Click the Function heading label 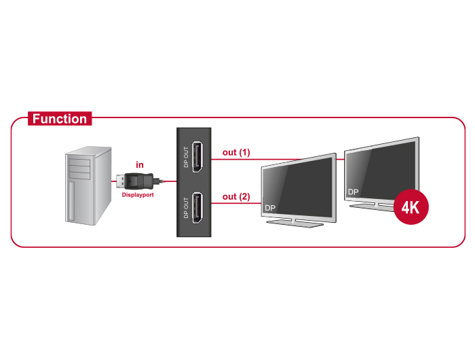pos(60,119)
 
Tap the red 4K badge pos(411,207)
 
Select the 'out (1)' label pos(236,152)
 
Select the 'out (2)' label pos(236,196)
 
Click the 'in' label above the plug pos(140,164)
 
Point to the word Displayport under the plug pos(138,195)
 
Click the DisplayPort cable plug pos(138,181)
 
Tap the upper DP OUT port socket pos(197,157)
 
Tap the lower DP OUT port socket pos(197,208)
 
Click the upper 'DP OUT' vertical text pos(186,157)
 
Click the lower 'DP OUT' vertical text pos(186,208)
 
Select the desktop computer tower pos(88,185)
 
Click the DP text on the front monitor pos(270,208)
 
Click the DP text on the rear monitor pos(354,192)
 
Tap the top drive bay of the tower pos(79,162)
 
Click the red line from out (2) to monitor pos(236,203)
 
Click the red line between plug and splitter pos(170,181)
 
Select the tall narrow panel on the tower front pos(71,201)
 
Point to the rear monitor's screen pos(382,170)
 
